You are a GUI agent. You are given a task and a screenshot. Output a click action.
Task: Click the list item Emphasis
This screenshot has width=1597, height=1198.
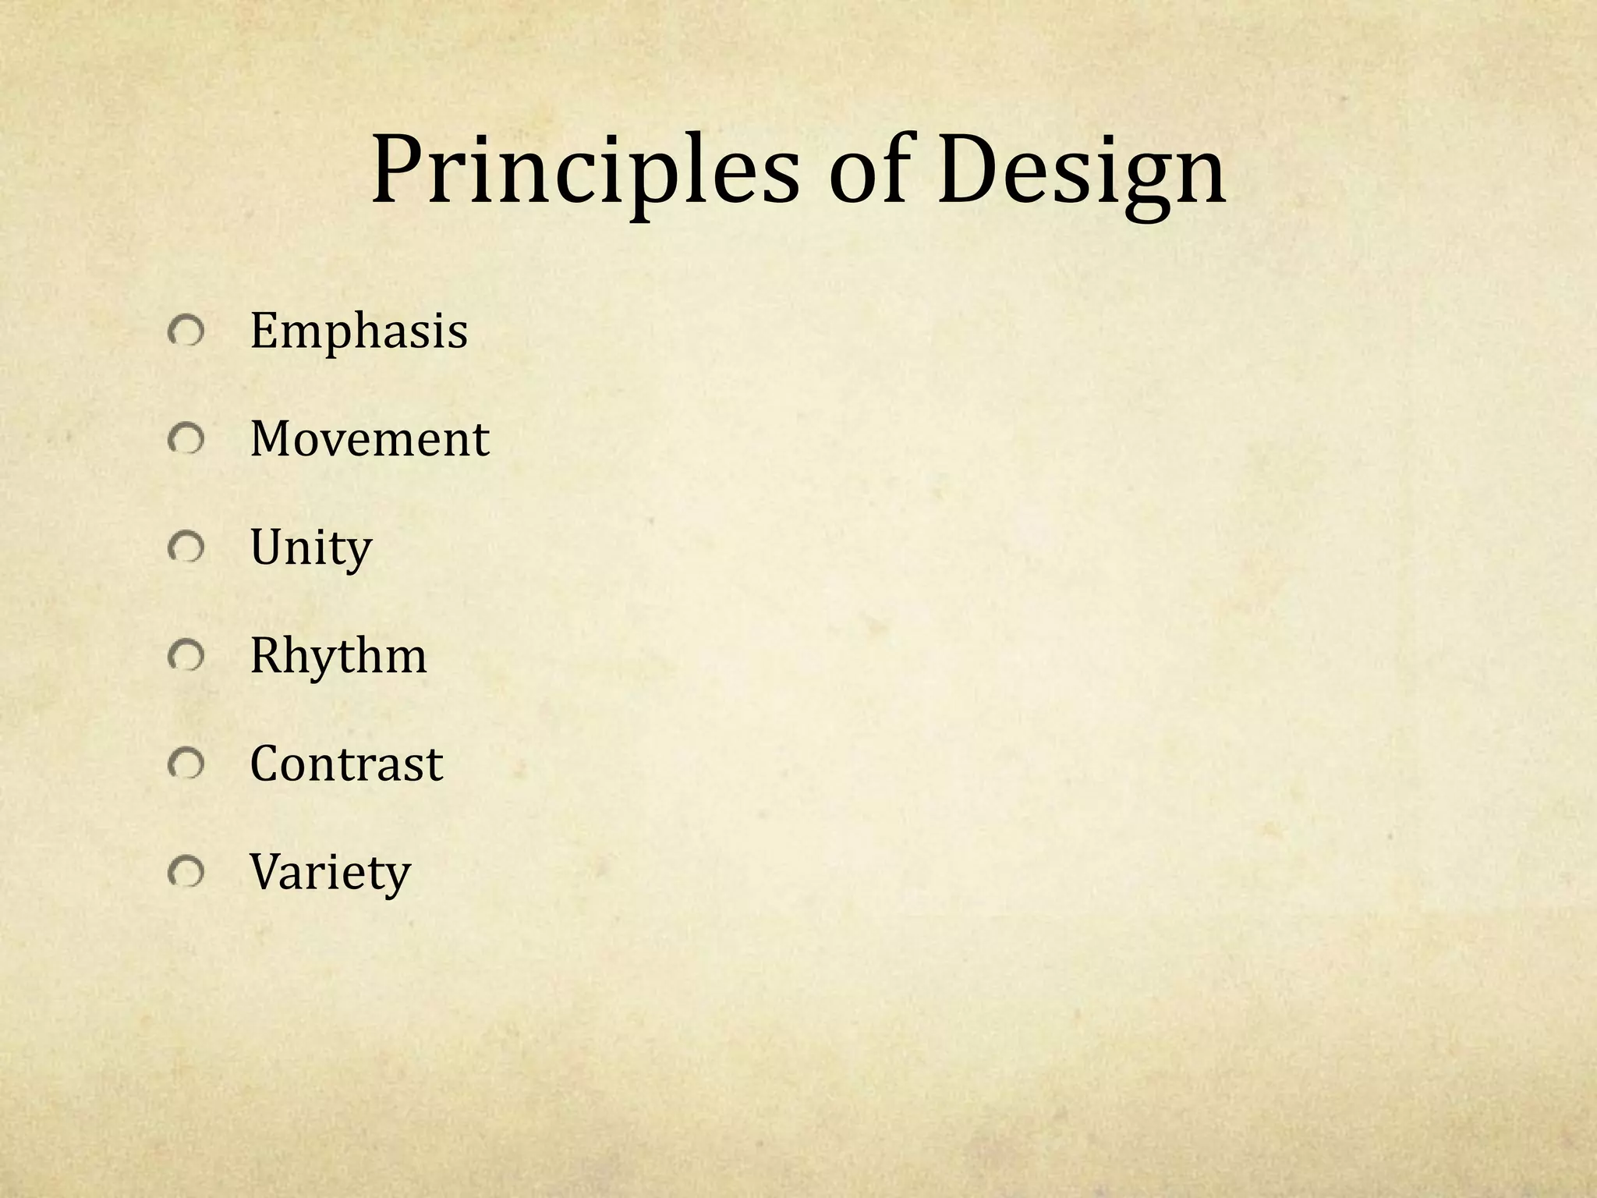pyautogui.click(x=359, y=331)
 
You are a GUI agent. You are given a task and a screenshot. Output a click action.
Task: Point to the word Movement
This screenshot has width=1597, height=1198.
pyautogui.click(x=369, y=439)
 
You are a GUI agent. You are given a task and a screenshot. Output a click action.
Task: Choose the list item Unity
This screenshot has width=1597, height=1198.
pyautogui.click(x=310, y=548)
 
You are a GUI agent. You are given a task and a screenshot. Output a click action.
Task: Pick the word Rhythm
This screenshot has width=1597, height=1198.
pyautogui.click(x=338, y=656)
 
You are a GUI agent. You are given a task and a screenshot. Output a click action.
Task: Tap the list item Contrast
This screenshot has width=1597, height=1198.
pyautogui.click(x=346, y=764)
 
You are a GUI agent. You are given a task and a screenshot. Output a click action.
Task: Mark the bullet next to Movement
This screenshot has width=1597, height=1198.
pyautogui.click(x=186, y=441)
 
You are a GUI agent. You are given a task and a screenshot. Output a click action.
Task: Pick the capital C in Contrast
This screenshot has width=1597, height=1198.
pyautogui.click(x=265, y=764)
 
